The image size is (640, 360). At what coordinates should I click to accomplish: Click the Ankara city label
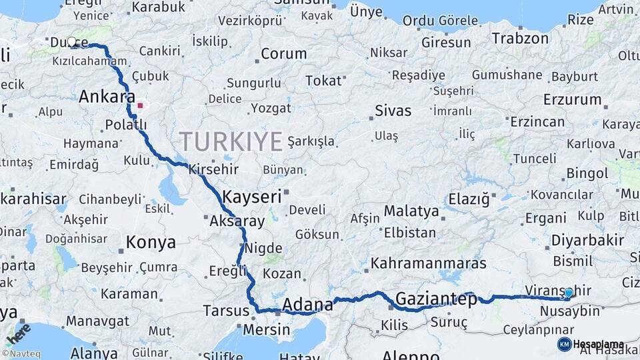pos(107,97)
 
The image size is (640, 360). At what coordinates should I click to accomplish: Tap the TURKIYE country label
pos(231,141)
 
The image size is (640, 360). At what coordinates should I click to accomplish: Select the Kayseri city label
pos(252,197)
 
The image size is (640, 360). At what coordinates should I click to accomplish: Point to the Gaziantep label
pos(437,299)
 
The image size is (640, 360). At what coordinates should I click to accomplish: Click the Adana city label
pos(307,305)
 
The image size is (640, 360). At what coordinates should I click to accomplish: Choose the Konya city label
pos(151,242)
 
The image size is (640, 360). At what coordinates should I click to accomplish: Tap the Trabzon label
pos(520,38)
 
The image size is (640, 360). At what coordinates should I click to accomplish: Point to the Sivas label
pos(393,110)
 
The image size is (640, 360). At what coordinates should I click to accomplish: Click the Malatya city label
pos(411,212)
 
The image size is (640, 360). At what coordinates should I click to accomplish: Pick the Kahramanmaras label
pos(429,263)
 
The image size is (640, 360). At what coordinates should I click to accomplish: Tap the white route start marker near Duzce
pos(72,42)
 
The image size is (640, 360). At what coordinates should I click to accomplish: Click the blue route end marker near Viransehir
pos(568,293)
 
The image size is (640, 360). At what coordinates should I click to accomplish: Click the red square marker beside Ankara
pos(140,105)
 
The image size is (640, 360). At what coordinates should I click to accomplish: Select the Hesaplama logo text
pos(598,344)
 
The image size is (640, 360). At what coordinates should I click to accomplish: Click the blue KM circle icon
pos(564,344)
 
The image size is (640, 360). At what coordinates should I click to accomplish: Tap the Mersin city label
pos(266,329)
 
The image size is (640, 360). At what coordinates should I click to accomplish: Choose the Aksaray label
pos(237,221)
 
